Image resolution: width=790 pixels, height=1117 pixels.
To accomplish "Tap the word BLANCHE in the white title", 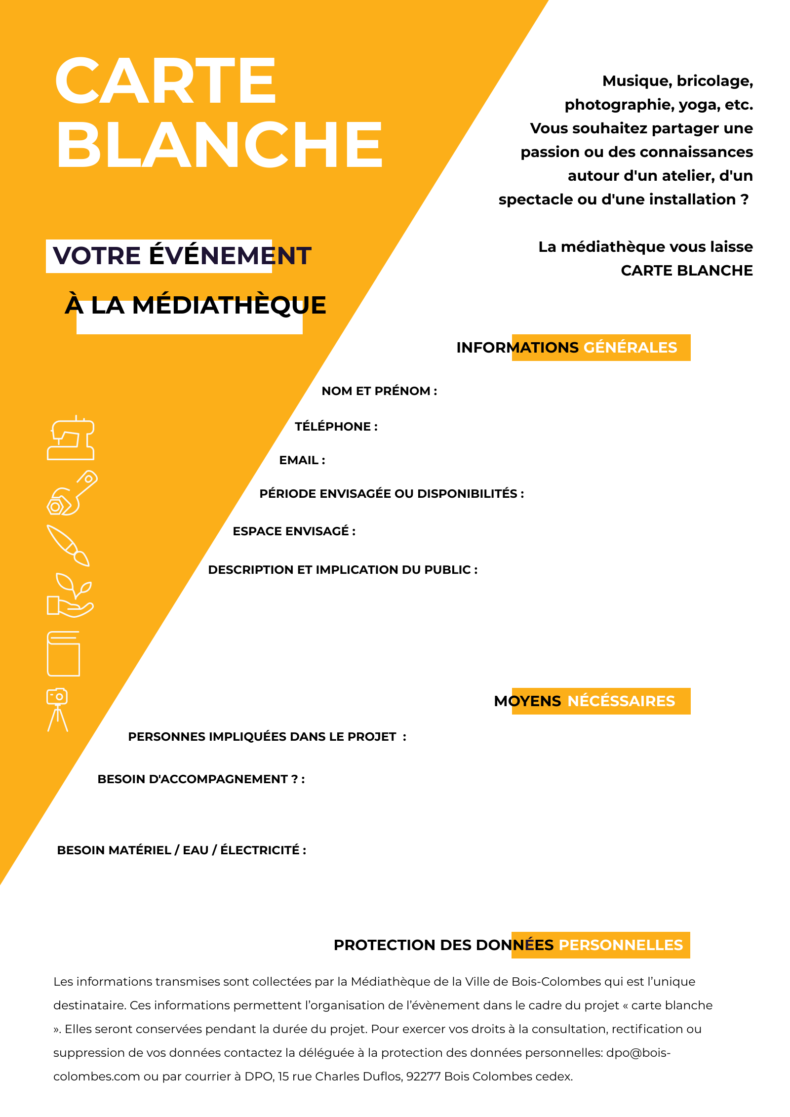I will point(220,144).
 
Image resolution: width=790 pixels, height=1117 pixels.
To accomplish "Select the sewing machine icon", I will point(71,438).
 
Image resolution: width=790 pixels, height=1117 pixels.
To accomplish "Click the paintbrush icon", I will point(68,545).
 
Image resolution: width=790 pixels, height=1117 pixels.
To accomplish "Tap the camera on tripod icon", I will point(58,709).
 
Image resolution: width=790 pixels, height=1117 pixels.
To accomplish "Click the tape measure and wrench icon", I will point(72,493).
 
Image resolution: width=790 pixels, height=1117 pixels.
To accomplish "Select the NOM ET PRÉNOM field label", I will point(379,391).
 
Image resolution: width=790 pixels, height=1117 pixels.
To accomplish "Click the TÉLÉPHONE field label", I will point(336,427).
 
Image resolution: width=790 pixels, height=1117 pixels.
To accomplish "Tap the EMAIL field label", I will point(302,460).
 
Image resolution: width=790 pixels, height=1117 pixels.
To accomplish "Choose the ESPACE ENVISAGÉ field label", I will point(294,531).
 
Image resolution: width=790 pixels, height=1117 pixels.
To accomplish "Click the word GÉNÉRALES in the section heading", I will point(630,348).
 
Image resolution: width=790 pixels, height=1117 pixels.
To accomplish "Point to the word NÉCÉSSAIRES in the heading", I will point(621,701).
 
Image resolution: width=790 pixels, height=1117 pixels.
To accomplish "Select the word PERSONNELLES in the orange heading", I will point(621,945).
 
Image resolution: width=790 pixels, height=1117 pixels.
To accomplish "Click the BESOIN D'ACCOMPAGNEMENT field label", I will point(200,779).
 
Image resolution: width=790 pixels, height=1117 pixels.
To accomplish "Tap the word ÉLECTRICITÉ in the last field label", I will point(260,850).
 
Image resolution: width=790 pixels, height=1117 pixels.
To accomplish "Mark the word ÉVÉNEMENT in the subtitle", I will point(230,256).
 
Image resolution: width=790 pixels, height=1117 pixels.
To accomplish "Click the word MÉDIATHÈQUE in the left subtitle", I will point(229,305).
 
